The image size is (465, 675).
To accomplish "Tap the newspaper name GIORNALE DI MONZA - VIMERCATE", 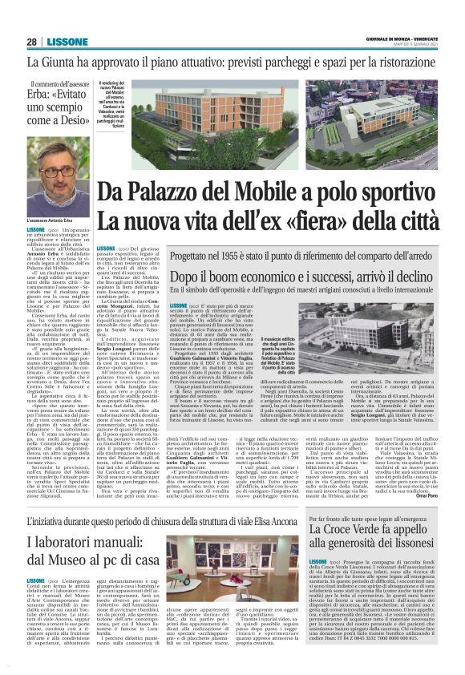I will pyautogui.click(x=400, y=39).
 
